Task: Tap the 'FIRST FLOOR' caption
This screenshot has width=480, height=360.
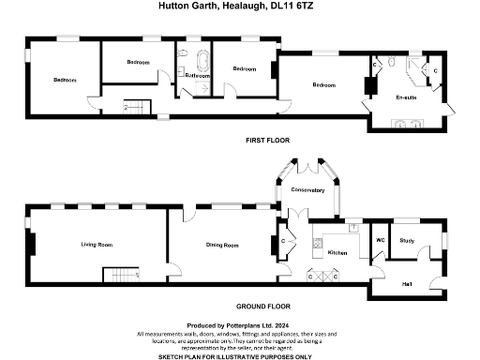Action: (x=267, y=140)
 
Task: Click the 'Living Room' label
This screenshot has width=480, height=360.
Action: (x=97, y=245)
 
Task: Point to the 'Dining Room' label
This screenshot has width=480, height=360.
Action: (x=222, y=246)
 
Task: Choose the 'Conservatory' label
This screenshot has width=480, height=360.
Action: (x=307, y=190)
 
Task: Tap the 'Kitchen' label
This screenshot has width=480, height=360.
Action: (x=337, y=253)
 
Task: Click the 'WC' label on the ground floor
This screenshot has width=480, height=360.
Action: (x=381, y=241)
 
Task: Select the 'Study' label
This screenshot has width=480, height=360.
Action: (x=407, y=241)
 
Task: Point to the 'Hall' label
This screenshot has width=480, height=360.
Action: (x=407, y=283)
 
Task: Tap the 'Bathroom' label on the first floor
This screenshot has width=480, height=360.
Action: (x=196, y=74)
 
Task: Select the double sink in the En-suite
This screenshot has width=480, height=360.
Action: (x=409, y=121)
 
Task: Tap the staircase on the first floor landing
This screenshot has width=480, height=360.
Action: (x=136, y=107)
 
